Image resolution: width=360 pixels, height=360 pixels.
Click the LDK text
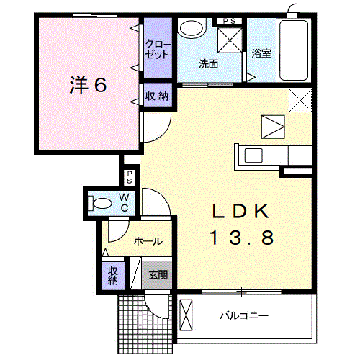click(x=240, y=211)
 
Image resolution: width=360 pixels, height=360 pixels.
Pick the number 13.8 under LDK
click(x=241, y=238)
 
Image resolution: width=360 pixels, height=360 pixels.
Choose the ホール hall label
click(x=146, y=242)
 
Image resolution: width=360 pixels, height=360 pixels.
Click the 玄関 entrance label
click(x=158, y=274)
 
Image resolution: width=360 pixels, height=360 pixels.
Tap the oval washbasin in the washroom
click(x=192, y=29)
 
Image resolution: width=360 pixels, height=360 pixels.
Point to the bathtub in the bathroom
click(x=294, y=51)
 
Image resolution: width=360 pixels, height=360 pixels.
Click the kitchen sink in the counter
click(x=256, y=155)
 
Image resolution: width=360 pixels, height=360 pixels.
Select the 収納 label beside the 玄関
click(x=113, y=275)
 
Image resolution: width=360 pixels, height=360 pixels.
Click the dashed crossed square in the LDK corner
click(x=300, y=99)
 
